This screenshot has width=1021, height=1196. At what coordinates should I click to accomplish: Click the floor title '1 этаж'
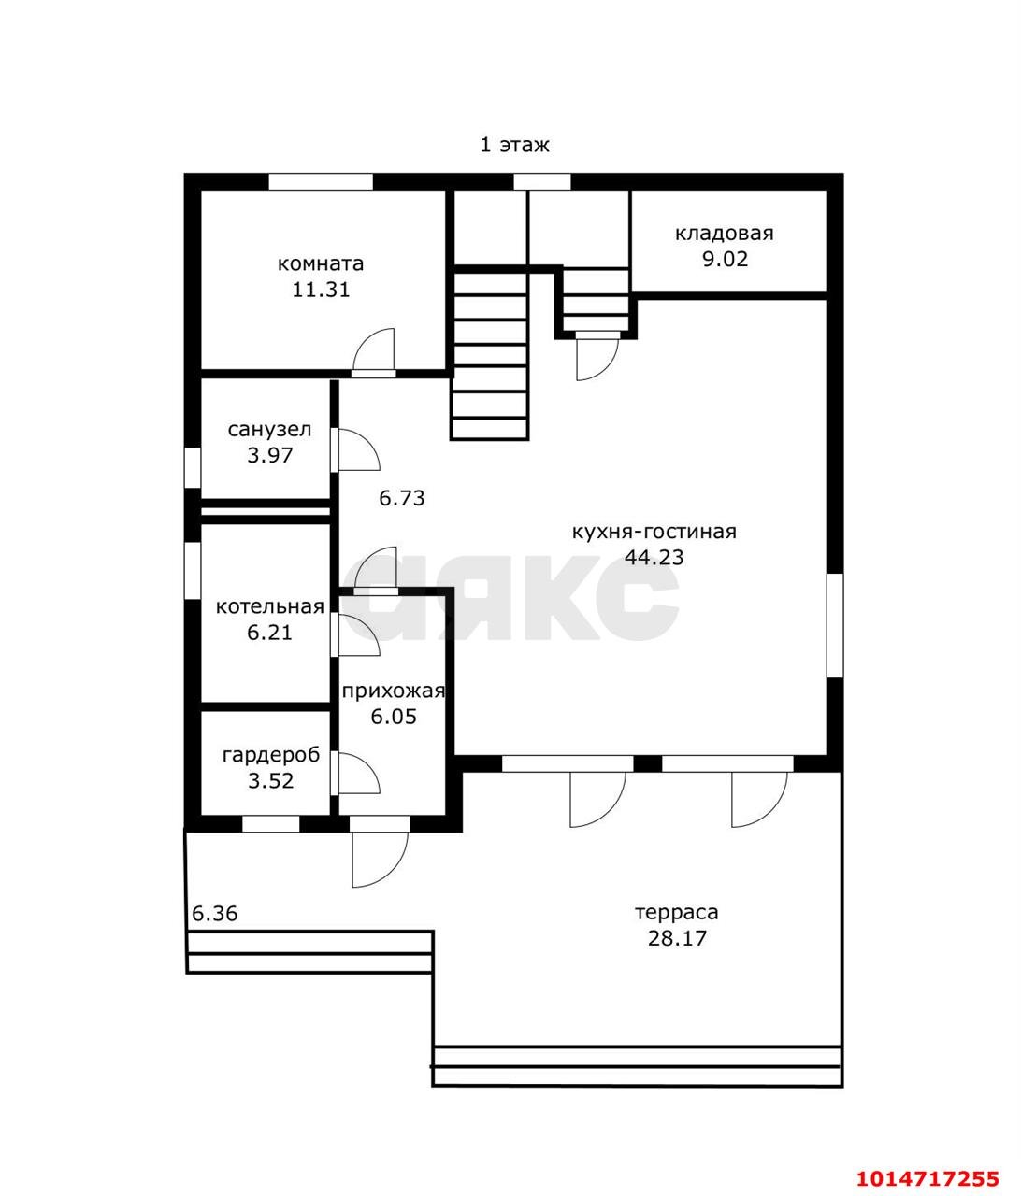(514, 145)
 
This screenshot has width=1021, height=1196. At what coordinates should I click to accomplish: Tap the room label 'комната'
(321, 263)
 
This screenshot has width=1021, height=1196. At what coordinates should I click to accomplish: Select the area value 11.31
(321, 290)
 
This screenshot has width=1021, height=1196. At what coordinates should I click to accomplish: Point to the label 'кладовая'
(725, 234)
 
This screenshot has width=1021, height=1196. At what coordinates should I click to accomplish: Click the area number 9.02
(726, 259)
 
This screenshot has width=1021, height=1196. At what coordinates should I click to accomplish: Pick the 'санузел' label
(270, 430)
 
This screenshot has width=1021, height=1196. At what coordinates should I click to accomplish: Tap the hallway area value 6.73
(402, 498)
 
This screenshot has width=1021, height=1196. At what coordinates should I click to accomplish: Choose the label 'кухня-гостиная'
(654, 531)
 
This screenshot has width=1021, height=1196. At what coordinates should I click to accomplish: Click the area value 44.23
(654, 557)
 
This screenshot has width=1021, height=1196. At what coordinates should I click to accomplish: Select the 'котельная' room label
(270, 606)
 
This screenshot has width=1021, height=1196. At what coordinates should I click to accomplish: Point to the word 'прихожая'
(394, 691)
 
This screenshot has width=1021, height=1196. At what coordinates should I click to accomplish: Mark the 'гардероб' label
(271, 755)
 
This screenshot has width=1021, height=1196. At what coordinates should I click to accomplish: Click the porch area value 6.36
(215, 914)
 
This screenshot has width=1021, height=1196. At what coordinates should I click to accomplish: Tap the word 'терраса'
(677, 913)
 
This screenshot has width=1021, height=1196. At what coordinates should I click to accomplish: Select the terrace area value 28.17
(678, 938)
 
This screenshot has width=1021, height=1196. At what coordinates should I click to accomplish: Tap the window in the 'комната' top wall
(321, 181)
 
